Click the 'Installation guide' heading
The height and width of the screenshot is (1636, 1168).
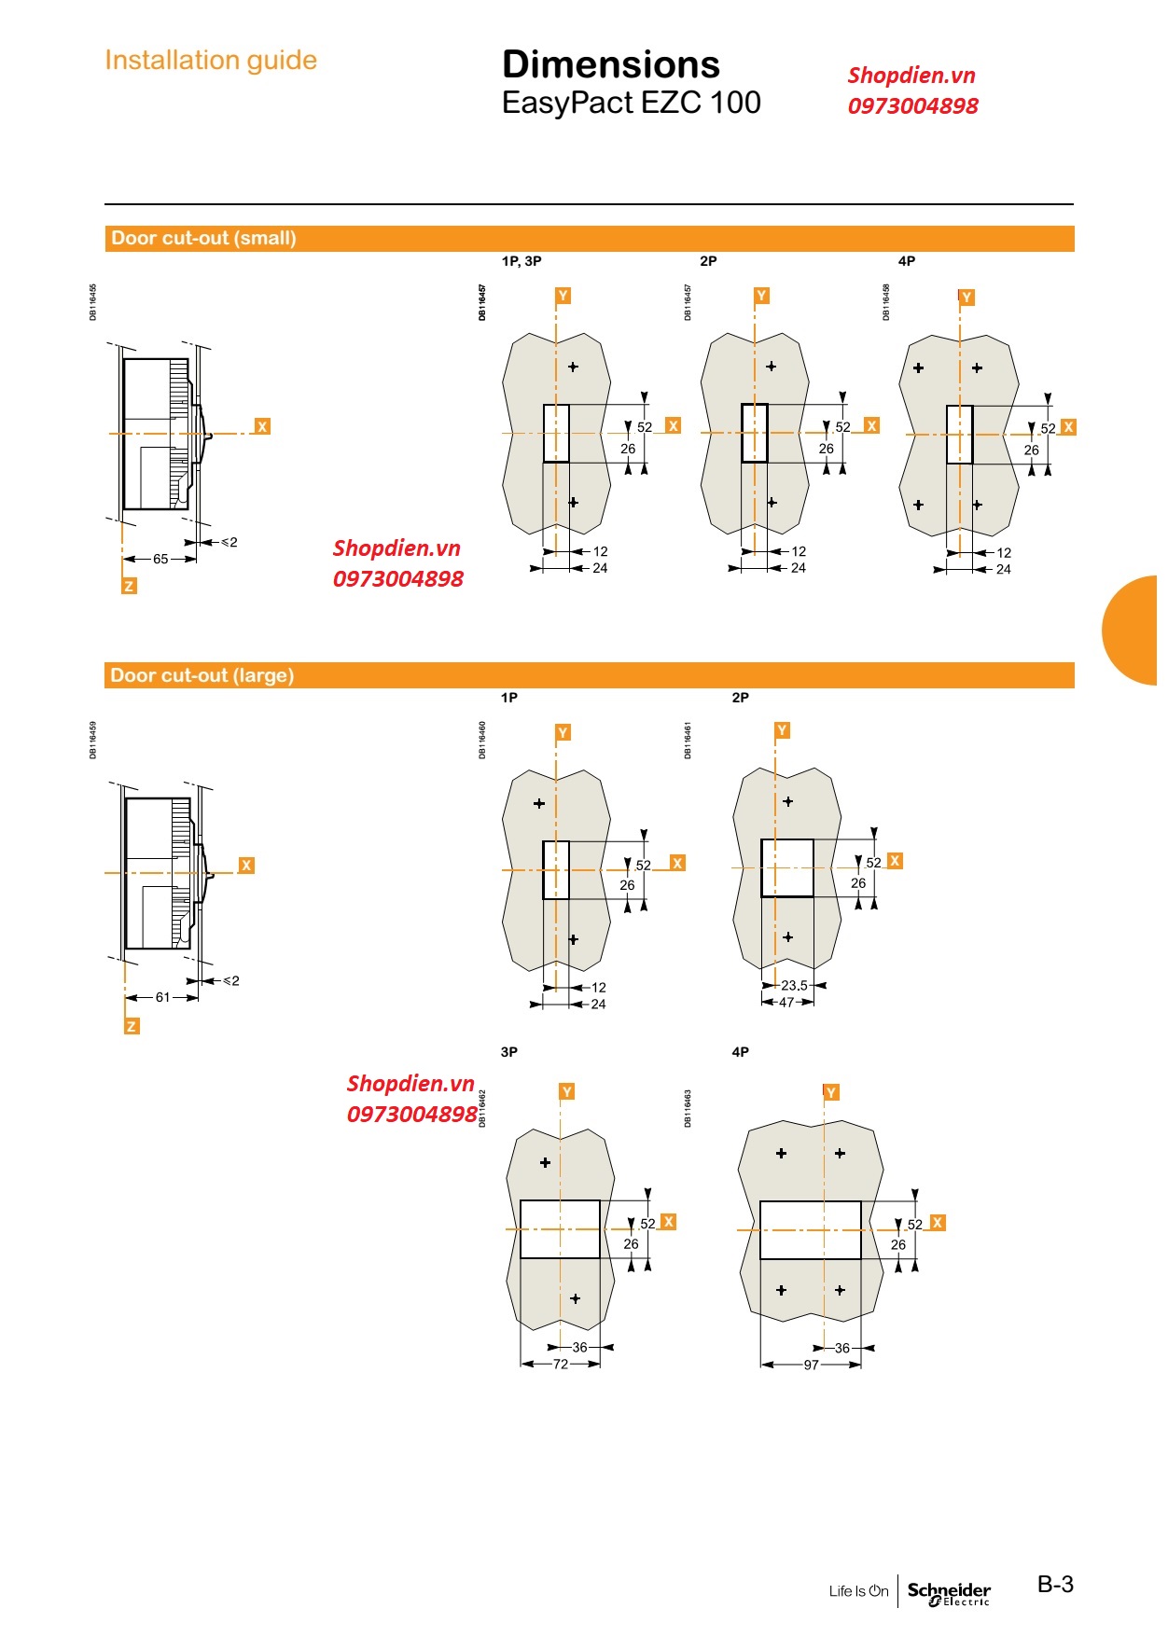tap(211, 61)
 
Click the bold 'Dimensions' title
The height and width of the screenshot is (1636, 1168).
tap(611, 64)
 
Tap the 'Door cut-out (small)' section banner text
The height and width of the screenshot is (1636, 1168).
tap(203, 238)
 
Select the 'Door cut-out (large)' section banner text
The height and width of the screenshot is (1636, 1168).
tap(202, 675)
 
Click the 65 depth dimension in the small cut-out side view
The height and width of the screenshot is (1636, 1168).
tap(160, 559)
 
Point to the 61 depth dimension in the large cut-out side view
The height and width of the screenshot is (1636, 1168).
tap(163, 997)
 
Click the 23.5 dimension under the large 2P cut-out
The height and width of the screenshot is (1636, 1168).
tap(794, 985)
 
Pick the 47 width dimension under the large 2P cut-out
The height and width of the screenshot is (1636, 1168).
tap(786, 1003)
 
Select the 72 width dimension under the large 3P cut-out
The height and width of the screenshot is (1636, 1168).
tap(560, 1364)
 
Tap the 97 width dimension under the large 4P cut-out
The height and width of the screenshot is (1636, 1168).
tap(811, 1365)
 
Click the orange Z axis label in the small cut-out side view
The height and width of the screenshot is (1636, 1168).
tap(129, 586)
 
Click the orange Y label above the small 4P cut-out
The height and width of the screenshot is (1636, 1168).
tap(966, 298)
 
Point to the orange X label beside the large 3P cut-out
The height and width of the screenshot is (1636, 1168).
tap(668, 1222)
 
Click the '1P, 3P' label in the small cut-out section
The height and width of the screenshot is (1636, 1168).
tap(521, 261)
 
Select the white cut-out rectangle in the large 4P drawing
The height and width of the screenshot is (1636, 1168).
tap(810, 1230)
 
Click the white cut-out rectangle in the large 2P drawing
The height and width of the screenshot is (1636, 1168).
tap(787, 868)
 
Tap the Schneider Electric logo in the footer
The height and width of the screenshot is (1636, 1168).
tap(949, 1592)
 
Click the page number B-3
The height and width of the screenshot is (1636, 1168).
tap(1055, 1584)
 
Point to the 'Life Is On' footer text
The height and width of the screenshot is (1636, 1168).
tap(858, 1591)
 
